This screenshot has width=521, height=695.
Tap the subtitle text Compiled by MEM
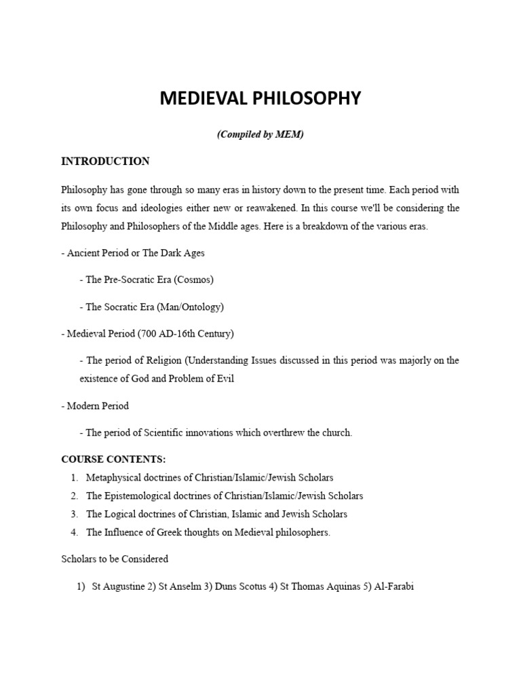(260, 134)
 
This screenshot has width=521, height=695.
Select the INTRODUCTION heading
(105, 162)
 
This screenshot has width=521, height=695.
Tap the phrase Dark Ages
(183, 252)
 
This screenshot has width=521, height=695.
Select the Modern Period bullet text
(97, 406)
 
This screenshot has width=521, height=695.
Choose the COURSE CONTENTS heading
(113, 459)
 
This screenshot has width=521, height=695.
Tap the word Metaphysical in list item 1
(114, 478)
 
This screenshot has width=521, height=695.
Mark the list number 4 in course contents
(73, 533)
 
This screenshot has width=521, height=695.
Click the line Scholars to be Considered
(115, 559)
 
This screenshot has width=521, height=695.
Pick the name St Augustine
(117, 586)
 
